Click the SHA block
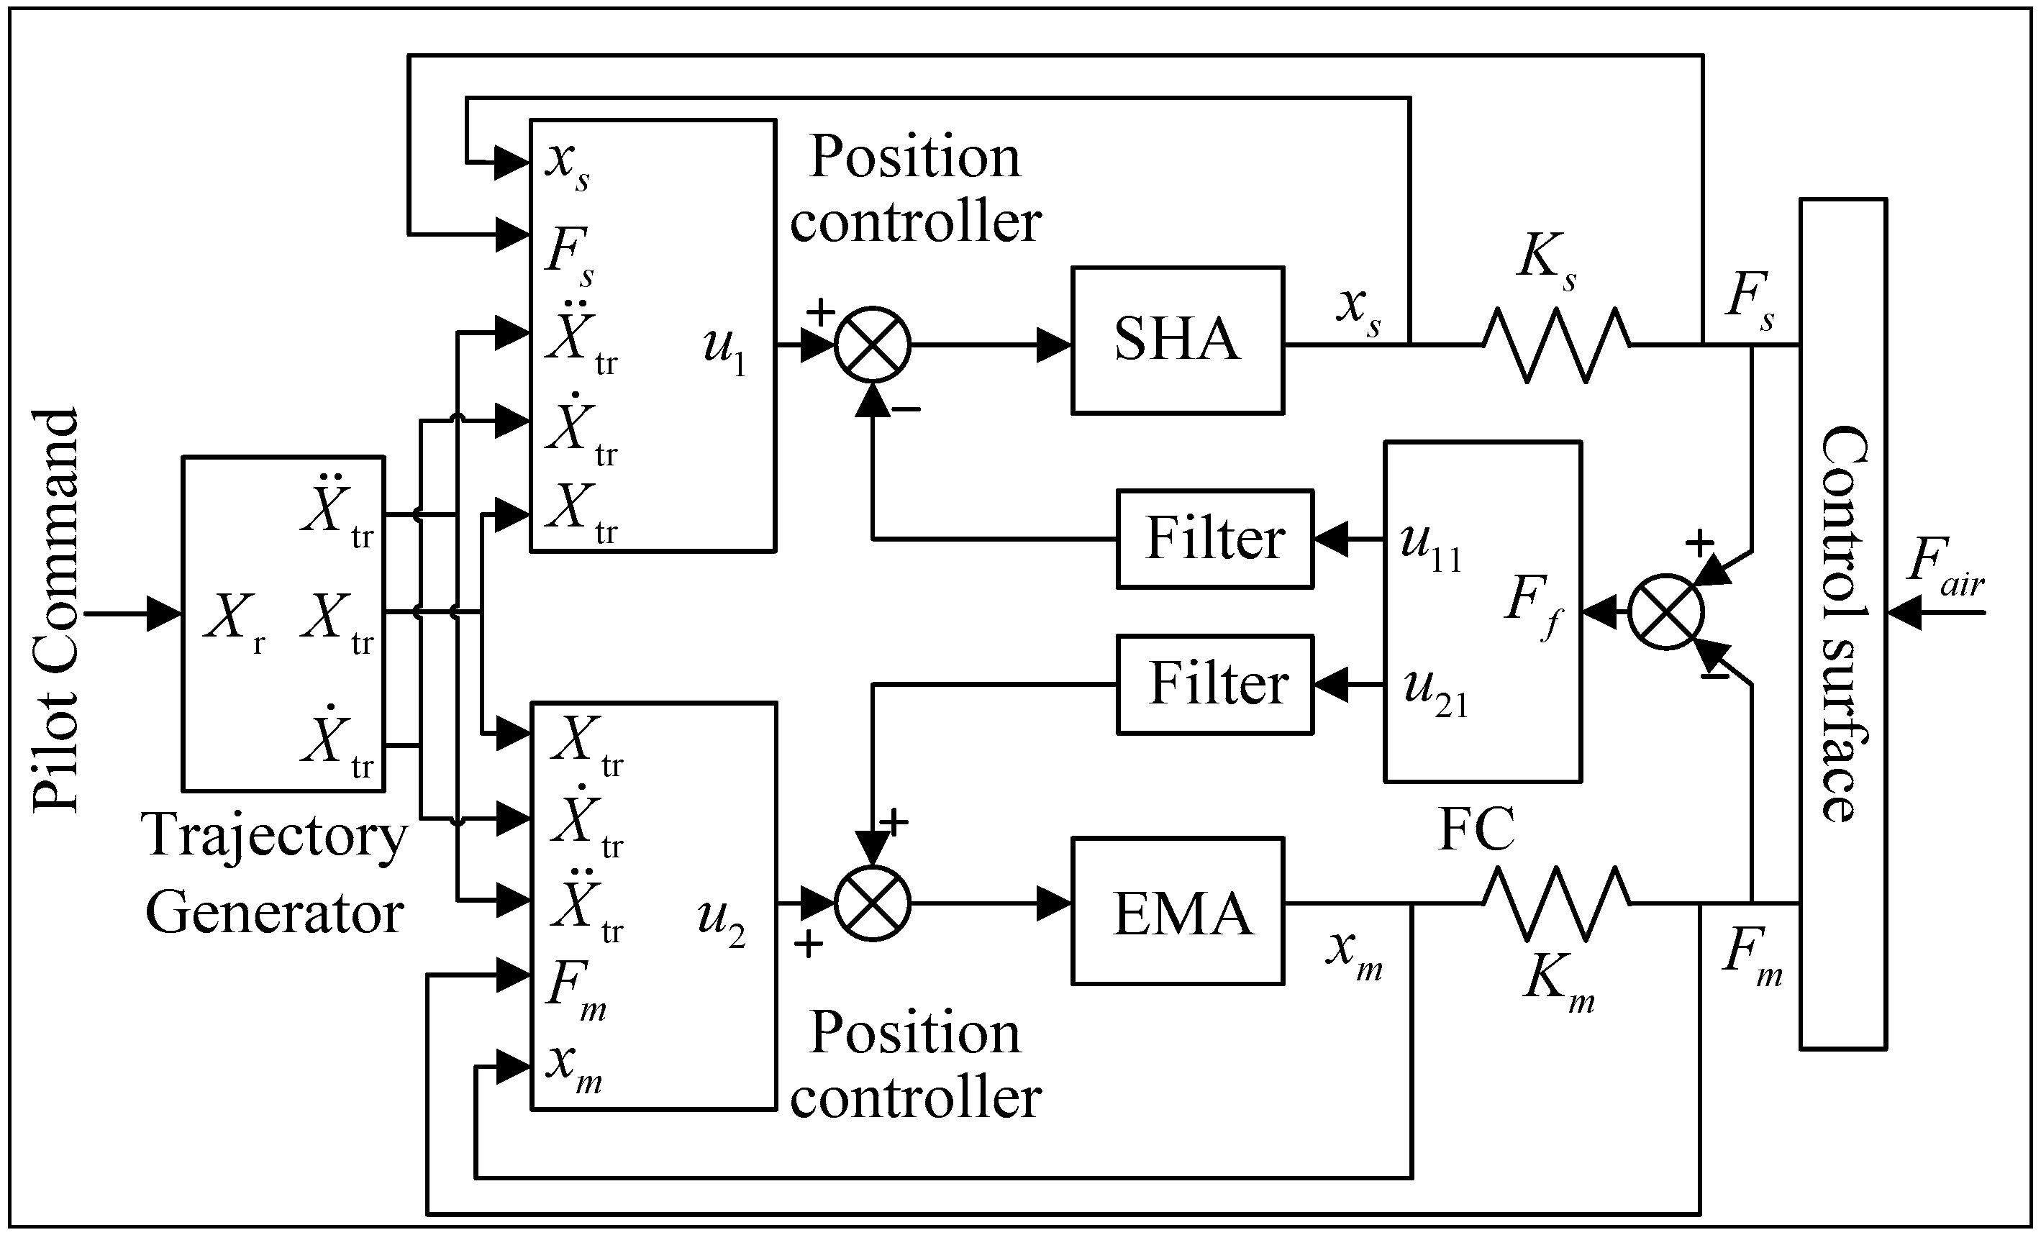pos(1177,339)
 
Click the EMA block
pos(1177,911)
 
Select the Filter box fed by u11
pos(1214,539)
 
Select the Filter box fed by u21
pos(1214,684)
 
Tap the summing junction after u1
pos(872,345)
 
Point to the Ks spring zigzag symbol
pos(1556,345)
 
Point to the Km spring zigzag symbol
pos(1556,903)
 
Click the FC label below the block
pos(1477,829)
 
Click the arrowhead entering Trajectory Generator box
pos(164,614)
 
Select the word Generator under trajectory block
pos(274,913)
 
